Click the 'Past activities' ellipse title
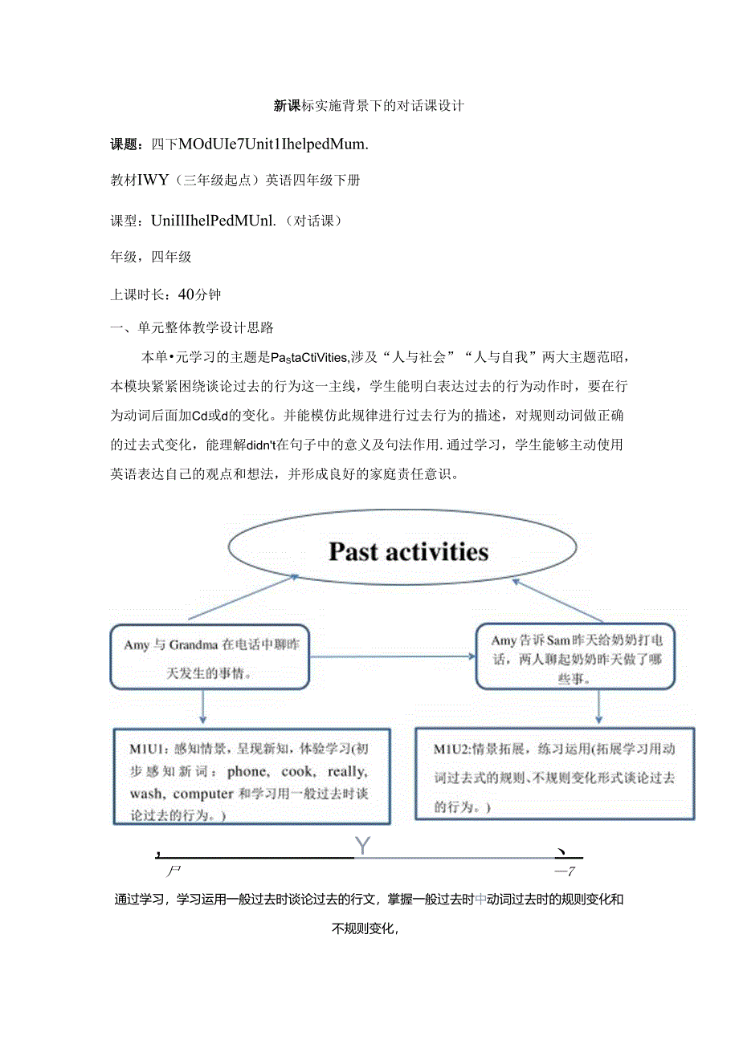point(408,551)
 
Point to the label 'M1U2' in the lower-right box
point(451,749)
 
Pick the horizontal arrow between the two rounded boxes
point(392,656)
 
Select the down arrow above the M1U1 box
point(203,707)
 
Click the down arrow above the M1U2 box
point(598,707)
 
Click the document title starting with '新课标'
point(369,106)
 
